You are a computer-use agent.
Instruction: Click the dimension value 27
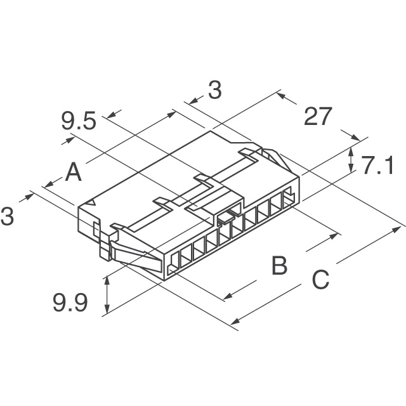tap(318, 116)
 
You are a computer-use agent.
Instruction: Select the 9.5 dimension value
tap(79, 121)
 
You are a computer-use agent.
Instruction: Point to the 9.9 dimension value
tap(70, 303)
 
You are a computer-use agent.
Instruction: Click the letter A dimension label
tap(74, 172)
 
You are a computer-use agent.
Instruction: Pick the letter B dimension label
tap(280, 265)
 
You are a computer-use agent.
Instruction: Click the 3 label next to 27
tap(215, 90)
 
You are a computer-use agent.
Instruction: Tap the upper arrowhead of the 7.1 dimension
tap(351, 151)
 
